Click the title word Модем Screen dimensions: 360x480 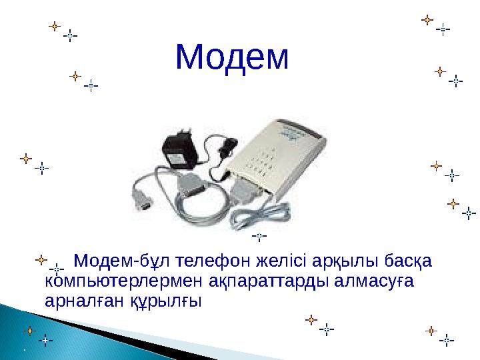(233, 59)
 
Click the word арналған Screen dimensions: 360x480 (73, 301)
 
